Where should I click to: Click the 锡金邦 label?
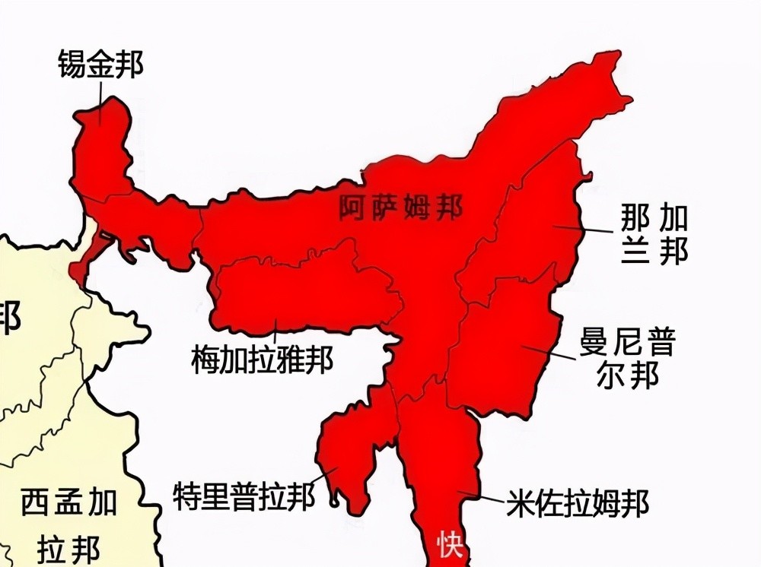coord(100,65)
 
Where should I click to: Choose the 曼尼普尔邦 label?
coord(626,359)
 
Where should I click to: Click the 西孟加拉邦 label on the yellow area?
coord(68,524)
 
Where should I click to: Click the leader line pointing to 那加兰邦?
coord(582,229)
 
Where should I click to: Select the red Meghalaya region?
coord(304,293)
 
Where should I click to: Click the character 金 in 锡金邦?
coord(100,65)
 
